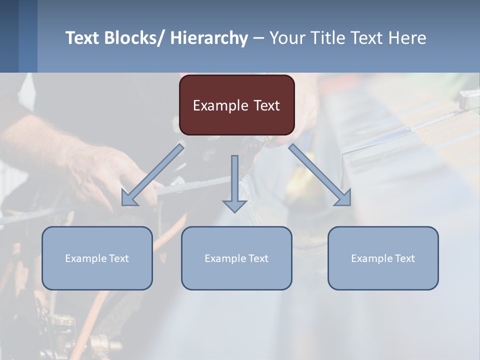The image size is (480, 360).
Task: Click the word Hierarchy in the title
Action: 209,38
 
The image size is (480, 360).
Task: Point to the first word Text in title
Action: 82,38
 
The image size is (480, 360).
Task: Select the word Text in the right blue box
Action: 404,258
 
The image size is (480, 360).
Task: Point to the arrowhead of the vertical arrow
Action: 234,205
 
